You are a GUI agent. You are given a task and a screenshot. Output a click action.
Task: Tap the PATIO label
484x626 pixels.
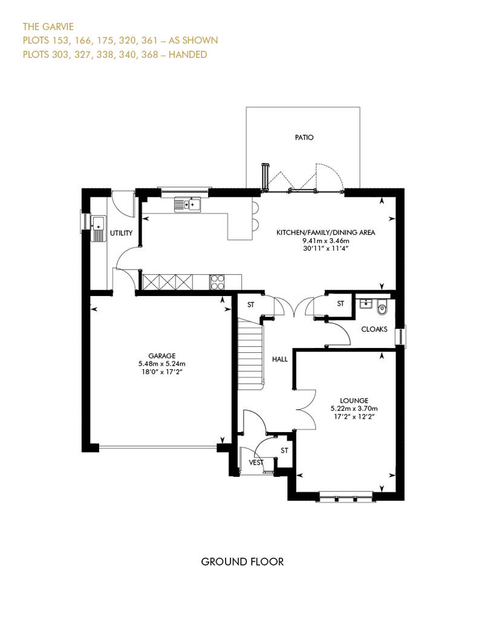(x=305, y=137)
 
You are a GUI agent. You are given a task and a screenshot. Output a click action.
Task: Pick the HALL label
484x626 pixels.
(x=280, y=359)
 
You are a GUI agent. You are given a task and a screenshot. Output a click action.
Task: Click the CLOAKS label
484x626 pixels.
(x=374, y=329)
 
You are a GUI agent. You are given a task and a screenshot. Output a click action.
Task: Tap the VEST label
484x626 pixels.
(x=257, y=463)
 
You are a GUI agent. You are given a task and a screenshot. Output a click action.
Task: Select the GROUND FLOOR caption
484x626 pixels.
(x=242, y=562)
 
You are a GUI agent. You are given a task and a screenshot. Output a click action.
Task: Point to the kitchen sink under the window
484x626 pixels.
(x=187, y=205)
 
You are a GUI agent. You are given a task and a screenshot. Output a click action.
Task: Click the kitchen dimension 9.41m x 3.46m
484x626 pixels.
(x=326, y=240)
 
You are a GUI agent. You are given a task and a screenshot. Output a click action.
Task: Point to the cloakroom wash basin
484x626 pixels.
(x=364, y=304)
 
